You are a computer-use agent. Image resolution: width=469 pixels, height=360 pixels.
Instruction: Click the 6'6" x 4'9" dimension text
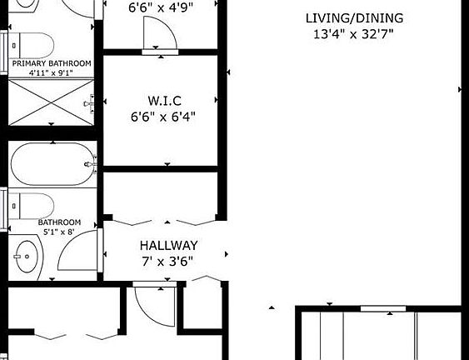click(160, 8)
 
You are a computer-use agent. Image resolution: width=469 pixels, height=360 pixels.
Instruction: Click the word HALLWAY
click(168, 245)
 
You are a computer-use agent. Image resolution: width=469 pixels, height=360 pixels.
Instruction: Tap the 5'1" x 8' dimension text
click(57, 232)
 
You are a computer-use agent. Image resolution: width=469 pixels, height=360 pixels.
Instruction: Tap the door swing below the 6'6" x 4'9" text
click(157, 35)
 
